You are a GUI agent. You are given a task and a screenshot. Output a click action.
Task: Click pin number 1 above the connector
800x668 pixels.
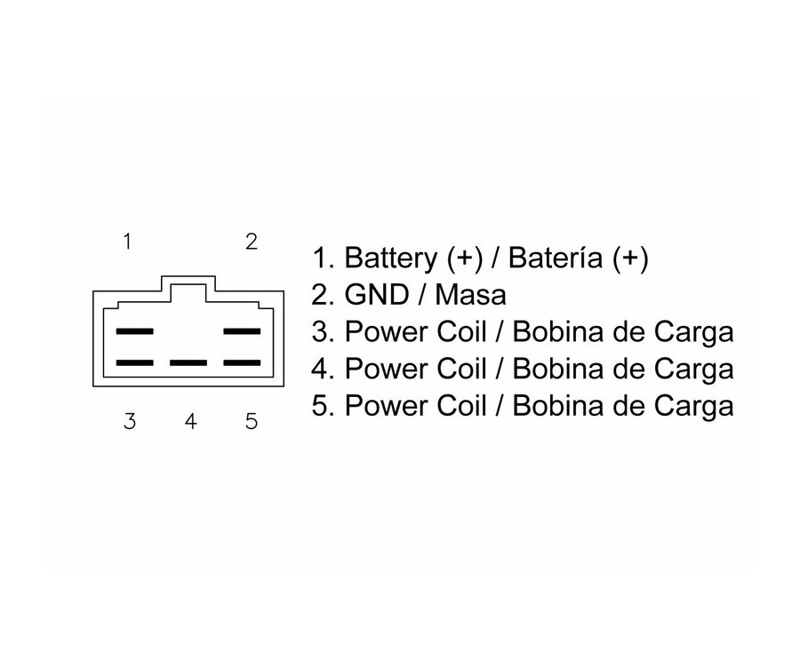[x=127, y=242]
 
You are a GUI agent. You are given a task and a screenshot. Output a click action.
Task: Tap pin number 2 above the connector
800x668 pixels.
[x=251, y=242]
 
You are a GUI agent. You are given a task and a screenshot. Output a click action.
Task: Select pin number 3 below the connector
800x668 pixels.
[x=130, y=421]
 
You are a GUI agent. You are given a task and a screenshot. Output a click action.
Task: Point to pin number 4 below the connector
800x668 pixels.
[x=191, y=421]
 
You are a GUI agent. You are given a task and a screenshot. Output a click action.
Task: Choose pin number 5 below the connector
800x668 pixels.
[x=251, y=421]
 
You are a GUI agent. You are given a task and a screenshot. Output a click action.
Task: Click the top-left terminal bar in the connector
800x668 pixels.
[x=135, y=331]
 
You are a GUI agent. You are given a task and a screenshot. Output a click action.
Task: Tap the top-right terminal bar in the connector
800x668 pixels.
[x=243, y=331]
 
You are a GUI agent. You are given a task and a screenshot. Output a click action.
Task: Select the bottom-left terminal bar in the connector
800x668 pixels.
[x=135, y=363]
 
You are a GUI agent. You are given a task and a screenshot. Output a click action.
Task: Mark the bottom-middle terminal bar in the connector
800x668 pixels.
[x=188, y=363]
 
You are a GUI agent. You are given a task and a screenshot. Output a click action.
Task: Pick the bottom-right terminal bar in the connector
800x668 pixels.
[x=243, y=363]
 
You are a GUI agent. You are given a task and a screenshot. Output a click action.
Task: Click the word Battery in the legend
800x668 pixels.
[x=391, y=258]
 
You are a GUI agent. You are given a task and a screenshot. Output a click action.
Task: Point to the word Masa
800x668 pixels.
[x=471, y=295]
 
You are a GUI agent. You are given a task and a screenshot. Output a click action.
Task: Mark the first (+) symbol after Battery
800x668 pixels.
[x=465, y=258]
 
